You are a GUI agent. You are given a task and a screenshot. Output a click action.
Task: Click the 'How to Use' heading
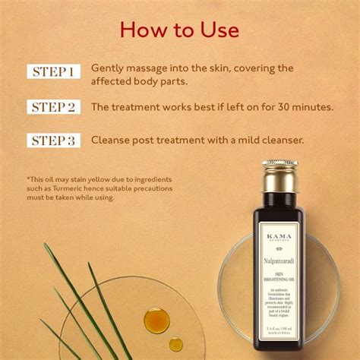click(x=180, y=30)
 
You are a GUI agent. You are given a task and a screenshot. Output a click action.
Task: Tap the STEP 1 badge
click(x=54, y=72)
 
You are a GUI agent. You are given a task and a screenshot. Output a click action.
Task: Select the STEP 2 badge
click(x=54, y=106)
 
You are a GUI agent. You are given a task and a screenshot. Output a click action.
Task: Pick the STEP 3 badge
click(x=54, y=141)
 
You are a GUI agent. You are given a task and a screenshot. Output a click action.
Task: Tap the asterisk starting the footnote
click(x=27, y=178)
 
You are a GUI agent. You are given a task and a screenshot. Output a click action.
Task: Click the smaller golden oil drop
click(x=175, y=344)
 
